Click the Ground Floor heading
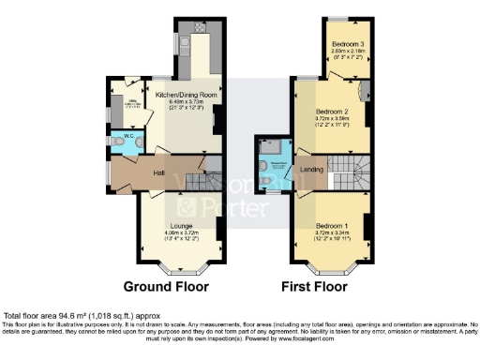point(167,286)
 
